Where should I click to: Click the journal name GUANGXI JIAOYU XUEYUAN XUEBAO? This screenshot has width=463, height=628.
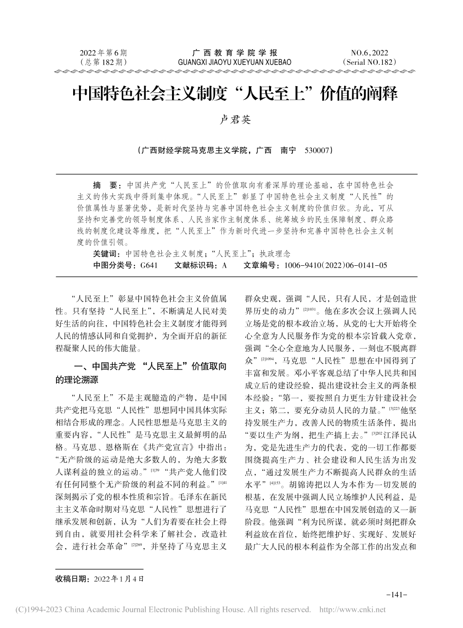235,62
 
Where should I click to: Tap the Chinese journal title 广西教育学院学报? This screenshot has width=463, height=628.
235,53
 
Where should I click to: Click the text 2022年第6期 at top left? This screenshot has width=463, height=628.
103,53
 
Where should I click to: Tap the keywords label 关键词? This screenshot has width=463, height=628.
106,254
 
